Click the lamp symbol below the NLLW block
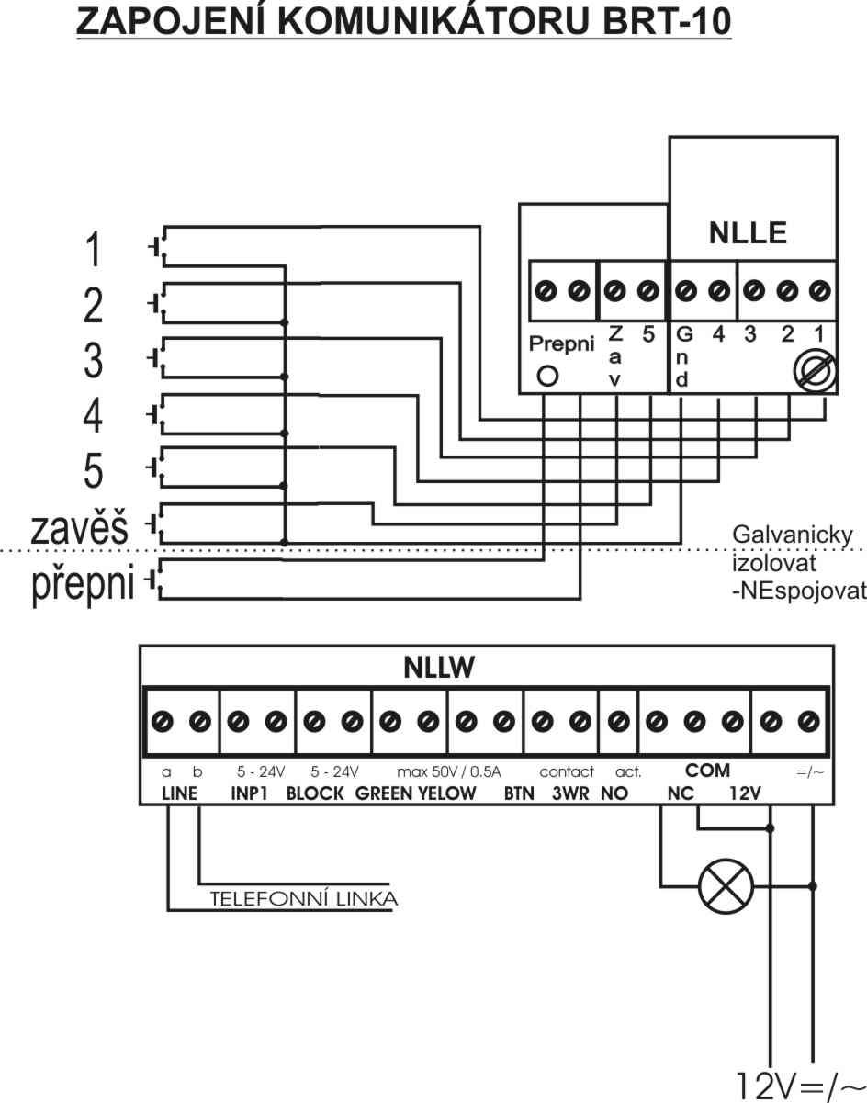pyautogui.click(x=726, y=886)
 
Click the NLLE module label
pyautogui.click(x=748, y=233)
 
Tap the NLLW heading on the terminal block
pyautogui.click(x=438, y=669)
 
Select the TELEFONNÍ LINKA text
pyautogui.click(x=304, y=898)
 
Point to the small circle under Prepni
pyautogui.click(x=547, y=376)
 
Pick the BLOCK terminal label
pyautogui.click(x=315, y=794)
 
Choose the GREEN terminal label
pyautogui.click(x=384, y=794)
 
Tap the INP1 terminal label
pyautogui.click(x=249, y=794)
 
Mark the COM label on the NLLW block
pyautogui.click(x=707, y=771)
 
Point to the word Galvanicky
pyautogui.click(x=794, y=535)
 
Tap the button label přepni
pyautogui.click(x=84, y=584)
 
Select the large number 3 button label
pyautogui.click(x=93, y=361)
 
